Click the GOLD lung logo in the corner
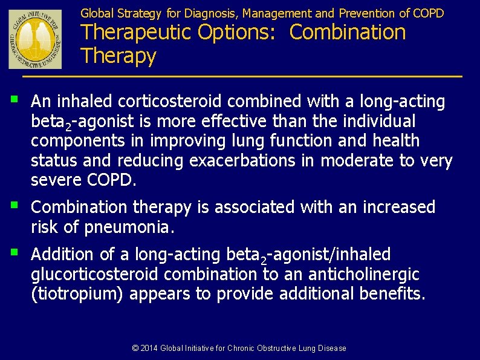click(35, 39)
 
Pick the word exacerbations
click(252, 161)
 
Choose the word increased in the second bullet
click(398, 208)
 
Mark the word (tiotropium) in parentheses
click(78, 294)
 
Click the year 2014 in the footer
click(149, 348)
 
